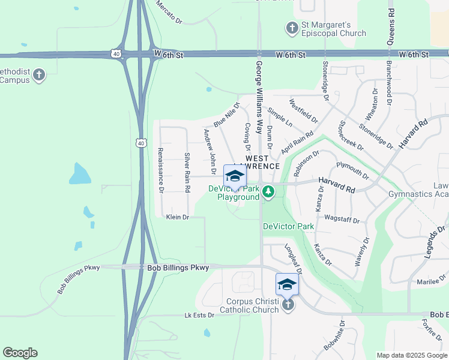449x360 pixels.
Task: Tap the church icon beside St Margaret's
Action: pos(292,28)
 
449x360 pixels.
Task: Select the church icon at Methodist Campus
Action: pos(39,75)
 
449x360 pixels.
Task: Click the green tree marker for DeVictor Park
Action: pos(268,193)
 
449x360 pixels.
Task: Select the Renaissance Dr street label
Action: pos(160,170)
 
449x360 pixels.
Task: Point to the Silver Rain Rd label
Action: pos(187,173)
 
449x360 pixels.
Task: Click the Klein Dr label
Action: pos(177,217)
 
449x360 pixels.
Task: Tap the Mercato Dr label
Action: pos(169,12)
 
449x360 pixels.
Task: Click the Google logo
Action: pos(20,353)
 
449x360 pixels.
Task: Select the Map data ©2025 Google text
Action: pos(412,355)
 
